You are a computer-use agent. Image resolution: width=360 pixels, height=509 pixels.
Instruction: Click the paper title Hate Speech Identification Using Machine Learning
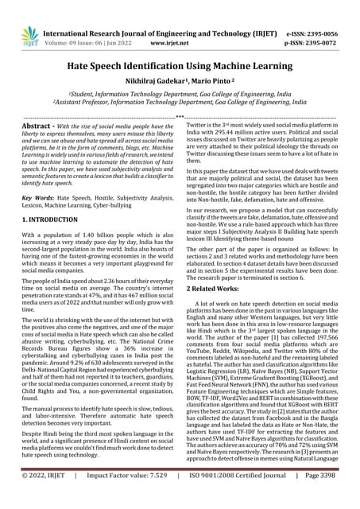(x=180, y=69)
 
